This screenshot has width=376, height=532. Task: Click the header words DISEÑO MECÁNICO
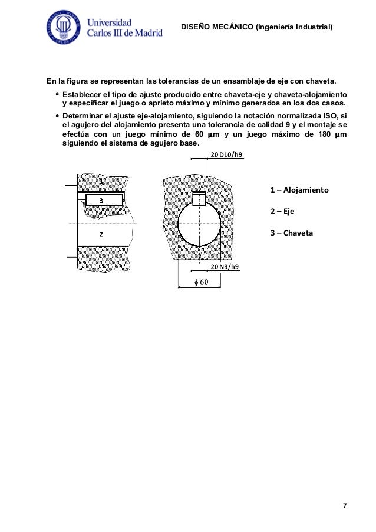(216, 27)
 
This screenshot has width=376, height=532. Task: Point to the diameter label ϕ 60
(201, 282)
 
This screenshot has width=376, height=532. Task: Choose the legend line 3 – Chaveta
(292, 233)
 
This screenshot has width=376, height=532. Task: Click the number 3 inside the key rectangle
(101, 200)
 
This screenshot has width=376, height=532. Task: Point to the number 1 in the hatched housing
(101, 183)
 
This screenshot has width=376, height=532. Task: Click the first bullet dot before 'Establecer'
(56, 94)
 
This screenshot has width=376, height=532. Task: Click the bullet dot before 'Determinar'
(56, 116)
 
